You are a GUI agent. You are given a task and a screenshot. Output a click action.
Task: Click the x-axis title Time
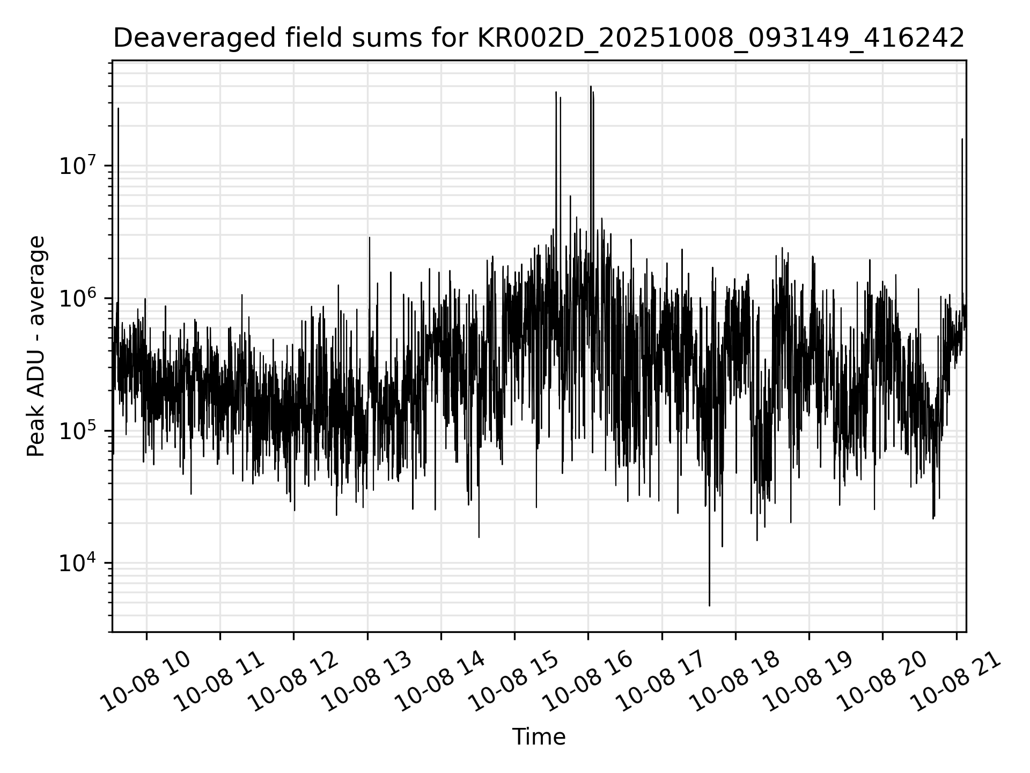539,737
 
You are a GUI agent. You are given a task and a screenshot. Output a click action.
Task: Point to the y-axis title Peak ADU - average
36,346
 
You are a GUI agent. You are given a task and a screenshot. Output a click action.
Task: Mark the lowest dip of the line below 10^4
709,605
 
